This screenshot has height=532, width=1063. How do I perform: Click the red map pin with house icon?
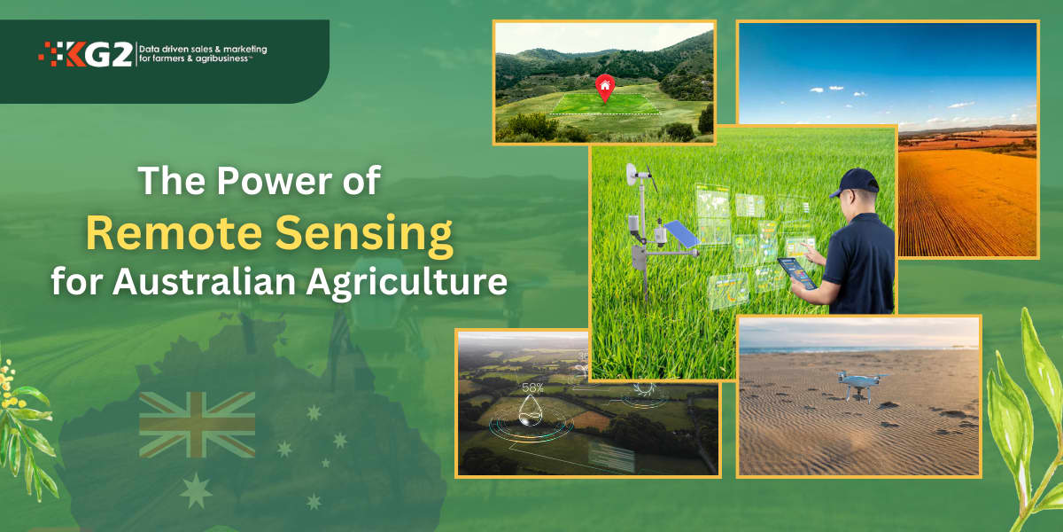pos(605,87)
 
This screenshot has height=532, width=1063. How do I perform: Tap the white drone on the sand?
pos(857,384)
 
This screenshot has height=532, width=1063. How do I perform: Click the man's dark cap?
pos(855,183)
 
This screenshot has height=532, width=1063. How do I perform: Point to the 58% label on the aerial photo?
pos(532,387)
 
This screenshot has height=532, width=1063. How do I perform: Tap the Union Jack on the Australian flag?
pos(198,424)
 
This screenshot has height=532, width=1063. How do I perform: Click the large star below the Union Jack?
pos(196,489)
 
